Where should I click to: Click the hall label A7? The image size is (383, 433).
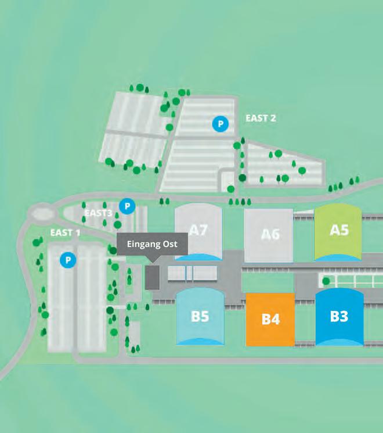pos(198,230)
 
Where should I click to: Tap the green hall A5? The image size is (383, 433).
pos(339,230)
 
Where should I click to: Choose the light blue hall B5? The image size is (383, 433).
pos(200,316)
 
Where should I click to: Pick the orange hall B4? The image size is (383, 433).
pos(270,319)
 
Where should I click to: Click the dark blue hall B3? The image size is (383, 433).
pos(339,316)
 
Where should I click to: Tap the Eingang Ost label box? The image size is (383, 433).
pos(152,244)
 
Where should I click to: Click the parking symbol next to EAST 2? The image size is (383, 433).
pos(219,123)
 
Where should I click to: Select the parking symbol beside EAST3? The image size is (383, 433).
pos(127,206)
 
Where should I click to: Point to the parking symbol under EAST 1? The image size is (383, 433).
pos(68,260)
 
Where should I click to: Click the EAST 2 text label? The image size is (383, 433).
pos(261,118)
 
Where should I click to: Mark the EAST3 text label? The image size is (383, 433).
pos(98,213)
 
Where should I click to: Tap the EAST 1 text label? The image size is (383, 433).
pos(65,232)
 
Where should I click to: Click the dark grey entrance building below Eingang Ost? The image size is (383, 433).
pos(152,277)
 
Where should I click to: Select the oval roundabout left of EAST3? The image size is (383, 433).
pos(41,214)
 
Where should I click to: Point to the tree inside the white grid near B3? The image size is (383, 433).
pos(326,281)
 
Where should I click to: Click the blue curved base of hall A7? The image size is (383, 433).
pos(198,257)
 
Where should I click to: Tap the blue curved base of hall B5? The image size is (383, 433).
pos(200,342)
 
